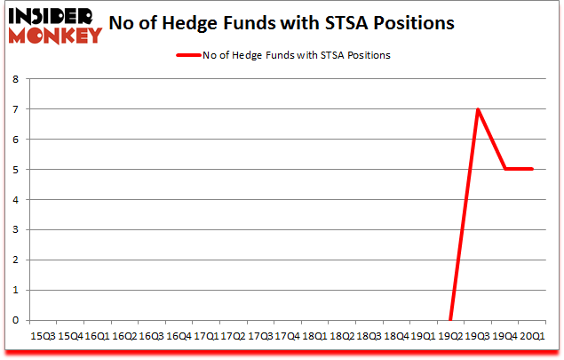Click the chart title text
coord(282,23)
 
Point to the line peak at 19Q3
coord(478,109)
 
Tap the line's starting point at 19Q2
coord(450,320)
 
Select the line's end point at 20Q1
coord(532,169)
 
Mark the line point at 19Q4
coord(505,169)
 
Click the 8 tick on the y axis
coord(15,79)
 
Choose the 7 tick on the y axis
coord(15,109)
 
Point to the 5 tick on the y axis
coord(15,170)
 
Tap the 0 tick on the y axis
coord(15,320)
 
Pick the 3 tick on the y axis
coord(15,229)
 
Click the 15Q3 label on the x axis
coord(43,337)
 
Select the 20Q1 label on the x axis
coord(532,337)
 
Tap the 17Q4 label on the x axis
coord(287,337)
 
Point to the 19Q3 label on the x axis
coord(478,337)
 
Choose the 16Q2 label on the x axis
coord(124,337)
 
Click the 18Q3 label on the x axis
coord(369,337)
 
